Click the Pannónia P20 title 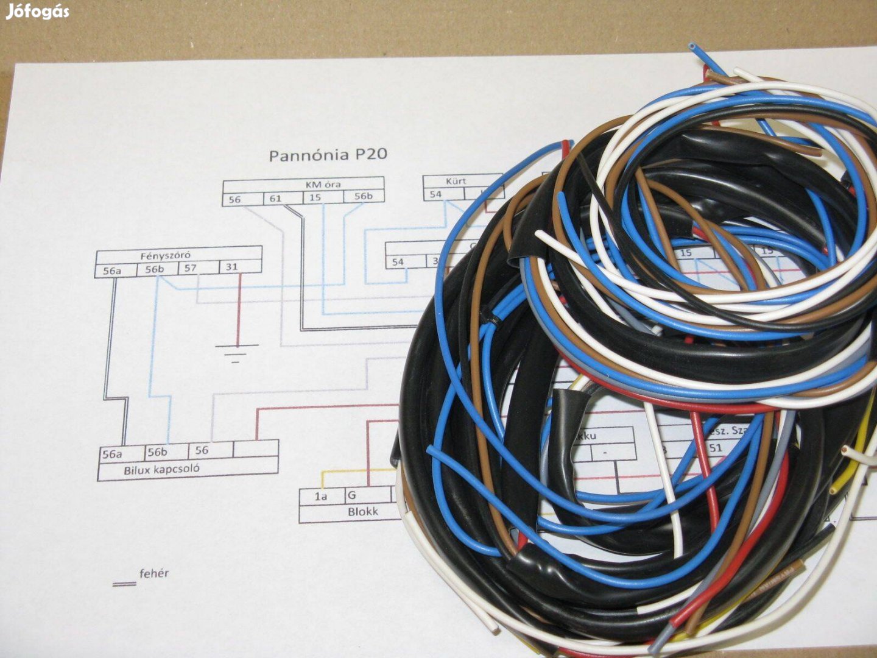[328, 155]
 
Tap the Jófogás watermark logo [37, 12]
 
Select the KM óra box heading [322, 183]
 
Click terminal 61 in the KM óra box [275, 198]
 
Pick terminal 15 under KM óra [314, 197]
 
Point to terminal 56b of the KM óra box [362, 196]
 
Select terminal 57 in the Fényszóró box [191, 267]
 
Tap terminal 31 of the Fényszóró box [231, 267]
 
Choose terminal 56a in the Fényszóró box [111, 270]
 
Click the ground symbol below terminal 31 [236, 353]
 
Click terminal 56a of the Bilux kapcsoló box [112, 454]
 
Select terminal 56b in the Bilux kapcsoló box [157, 452]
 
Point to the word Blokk [362, 512]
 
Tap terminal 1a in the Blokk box [321, 497]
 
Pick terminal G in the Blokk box [351, 495]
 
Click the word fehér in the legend [153, 573]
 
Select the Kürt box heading [456, 181]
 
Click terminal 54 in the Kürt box [435, 194]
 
